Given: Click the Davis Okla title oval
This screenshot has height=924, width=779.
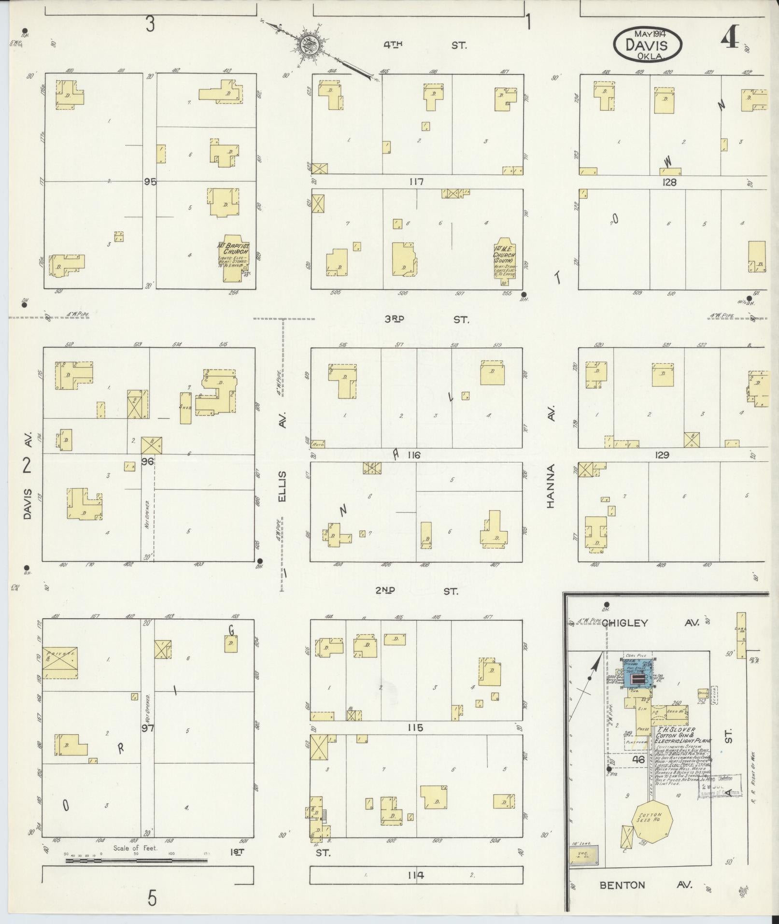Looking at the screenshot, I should pos(647,45).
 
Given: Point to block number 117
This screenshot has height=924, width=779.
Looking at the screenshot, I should pos(415,182).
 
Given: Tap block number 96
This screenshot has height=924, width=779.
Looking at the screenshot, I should pos(147,461).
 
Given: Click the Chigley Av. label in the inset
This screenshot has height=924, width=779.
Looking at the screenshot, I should pos(646,623).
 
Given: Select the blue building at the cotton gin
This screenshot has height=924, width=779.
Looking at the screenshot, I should pos(637,680).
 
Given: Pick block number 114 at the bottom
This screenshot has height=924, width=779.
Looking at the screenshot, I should pos(415,875).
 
